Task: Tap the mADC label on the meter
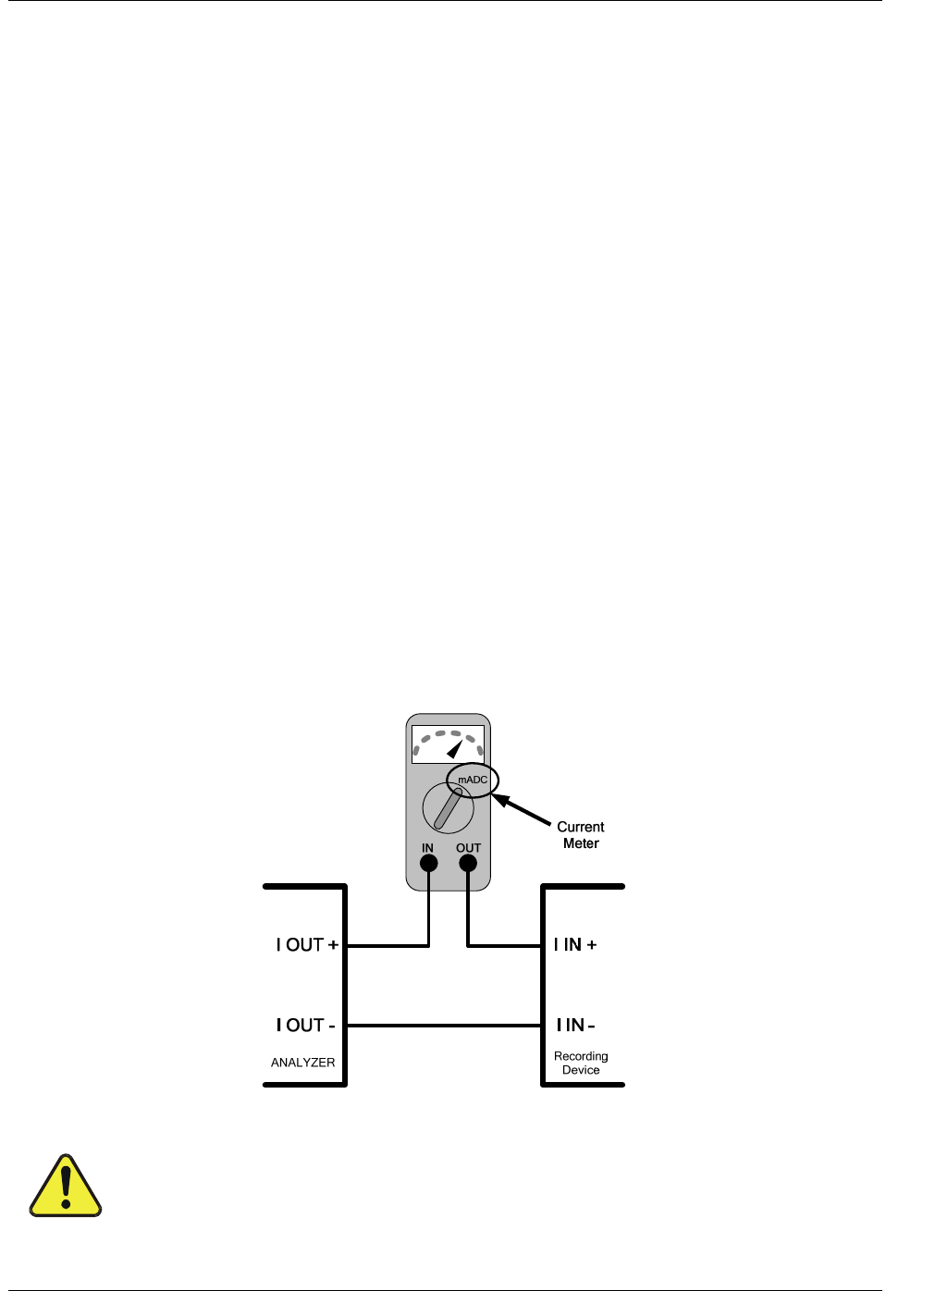click(473, 780)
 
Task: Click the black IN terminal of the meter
click(428, 864)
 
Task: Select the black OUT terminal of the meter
click(468, 864)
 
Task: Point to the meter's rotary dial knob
click(449, 808)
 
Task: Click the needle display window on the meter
click(448, 744)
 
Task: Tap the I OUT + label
click(307, 945)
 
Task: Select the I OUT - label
click(305, 1025)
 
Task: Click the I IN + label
click(575, 944)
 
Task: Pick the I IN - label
click(575, 1025)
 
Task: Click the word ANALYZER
click(303, 1063)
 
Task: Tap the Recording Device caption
click(581, 1063)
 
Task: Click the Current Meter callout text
click(581, 835)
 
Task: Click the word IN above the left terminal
click(427, 847)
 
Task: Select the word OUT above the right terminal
click(468, 847)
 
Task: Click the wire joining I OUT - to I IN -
click(444, 1026)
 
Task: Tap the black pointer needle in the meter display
click(455, 748)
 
